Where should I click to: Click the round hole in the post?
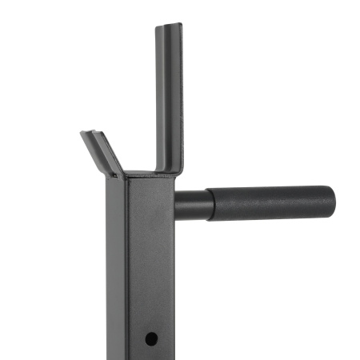click(x=150, y=338)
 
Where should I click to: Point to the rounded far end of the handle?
click(x=330, y=203)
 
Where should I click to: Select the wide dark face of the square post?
click(x=148, y=264)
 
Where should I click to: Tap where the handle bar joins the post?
click(x=177, y=206)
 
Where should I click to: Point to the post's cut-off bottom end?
click(x=140, y=357)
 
